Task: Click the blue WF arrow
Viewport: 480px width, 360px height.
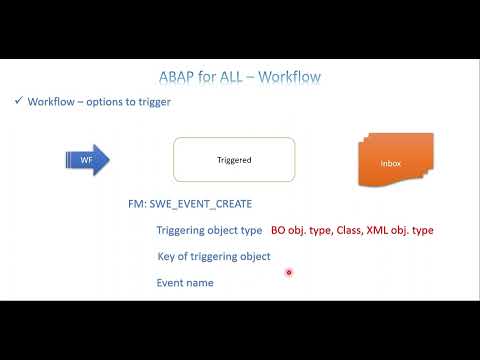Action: [88, 159]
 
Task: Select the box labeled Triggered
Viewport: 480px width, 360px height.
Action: [234, 159]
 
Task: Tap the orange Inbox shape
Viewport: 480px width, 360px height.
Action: [391, 161]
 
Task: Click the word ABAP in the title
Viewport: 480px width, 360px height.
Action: [181, 76]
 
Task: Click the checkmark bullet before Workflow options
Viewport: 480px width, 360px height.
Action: [19, 102]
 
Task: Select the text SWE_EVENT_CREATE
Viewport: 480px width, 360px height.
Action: [195, 205]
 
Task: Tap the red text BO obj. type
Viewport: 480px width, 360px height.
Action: [304, 230]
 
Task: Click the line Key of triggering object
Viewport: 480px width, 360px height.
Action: [214, 256]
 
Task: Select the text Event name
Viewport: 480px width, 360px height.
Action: [185, 282]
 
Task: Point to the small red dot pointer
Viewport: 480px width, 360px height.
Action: [288, 272]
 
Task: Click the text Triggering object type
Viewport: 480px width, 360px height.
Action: [208, 230]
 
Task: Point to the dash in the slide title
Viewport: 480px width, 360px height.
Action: [260, 76]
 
